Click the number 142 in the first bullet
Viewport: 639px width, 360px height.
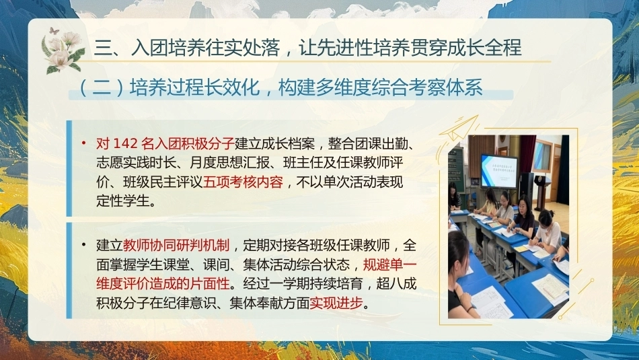point(125,143)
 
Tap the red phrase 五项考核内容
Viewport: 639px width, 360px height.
point(243,182)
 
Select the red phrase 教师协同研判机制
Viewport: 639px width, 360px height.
point(176,245)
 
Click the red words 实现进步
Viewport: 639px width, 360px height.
point(336,303)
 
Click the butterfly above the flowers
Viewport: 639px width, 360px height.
point(54,31)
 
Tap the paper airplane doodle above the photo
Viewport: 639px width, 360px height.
point(458,130)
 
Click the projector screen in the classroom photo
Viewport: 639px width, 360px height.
point(499,170)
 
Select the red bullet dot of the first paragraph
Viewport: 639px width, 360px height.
point(84,143)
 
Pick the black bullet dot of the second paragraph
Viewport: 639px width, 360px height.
point(84,245)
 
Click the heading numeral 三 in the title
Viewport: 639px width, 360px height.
point(103,47)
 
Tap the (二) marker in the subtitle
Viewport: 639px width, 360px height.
point(100,87)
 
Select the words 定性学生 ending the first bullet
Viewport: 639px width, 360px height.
point(123,201)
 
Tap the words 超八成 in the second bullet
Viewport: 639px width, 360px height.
point(396,283)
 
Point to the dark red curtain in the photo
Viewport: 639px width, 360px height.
point(528,154)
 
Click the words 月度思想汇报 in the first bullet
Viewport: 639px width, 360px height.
point(229,163)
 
